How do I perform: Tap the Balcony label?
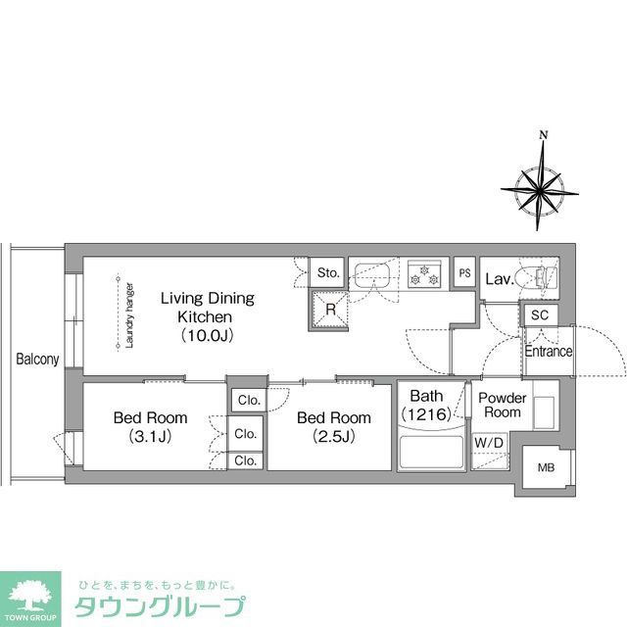(37, 360)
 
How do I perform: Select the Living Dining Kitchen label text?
(207, 315)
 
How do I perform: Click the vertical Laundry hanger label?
(129, 314)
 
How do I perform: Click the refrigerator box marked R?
(331, 310)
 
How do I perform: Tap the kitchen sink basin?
(374, 273)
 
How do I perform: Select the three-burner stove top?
(427, 273)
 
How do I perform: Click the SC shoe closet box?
(539, 315)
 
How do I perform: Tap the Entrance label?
(549, 352)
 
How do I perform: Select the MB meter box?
(545, 468)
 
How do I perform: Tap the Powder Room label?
(502, 406)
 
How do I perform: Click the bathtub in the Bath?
(431, 452)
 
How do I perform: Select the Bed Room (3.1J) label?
(150, 426)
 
